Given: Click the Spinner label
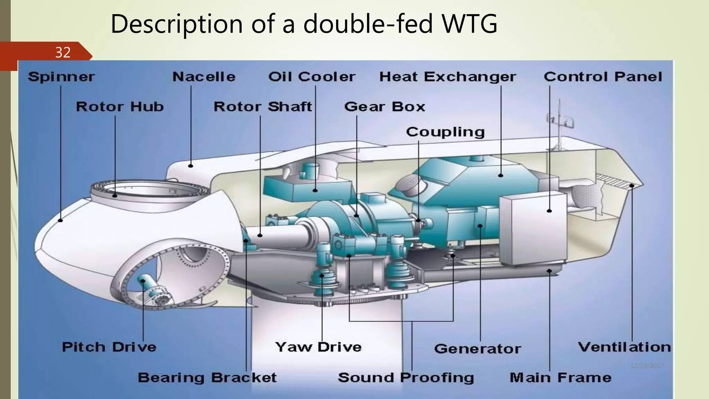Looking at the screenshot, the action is coord(61,77).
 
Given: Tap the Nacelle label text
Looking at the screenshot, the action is coord(204,77).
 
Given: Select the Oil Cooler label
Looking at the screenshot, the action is coord(312,77).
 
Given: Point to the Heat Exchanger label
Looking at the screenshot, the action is coord(448,77).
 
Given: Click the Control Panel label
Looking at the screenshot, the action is coord(603,77).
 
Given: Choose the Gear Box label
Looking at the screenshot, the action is coord(384,107).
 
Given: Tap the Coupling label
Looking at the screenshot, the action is coord(445,132).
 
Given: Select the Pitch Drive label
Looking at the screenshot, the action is coord(109,347).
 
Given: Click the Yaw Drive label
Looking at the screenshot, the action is coord(318,347).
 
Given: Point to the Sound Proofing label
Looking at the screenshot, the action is coord(406,378).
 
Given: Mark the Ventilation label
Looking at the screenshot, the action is coord(624,347).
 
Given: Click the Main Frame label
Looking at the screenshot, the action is coord(560,378).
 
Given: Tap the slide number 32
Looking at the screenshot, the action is coord(63,52).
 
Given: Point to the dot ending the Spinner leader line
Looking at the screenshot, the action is coord(61,220).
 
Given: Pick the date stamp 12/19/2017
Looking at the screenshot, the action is coord(647,366).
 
